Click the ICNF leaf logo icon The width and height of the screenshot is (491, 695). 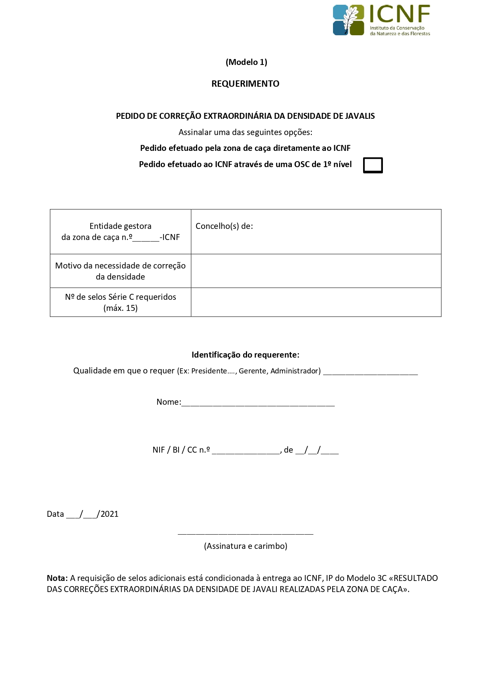[x=348, y=20]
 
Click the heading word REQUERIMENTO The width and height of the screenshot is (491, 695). [x=245, y=84]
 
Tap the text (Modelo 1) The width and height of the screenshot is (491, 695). [x=246, y=62]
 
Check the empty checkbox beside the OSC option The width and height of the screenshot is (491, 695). [x=373, y=165]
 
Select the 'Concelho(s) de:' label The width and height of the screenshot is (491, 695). [x=224, y=226]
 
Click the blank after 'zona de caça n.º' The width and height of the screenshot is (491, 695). [x=146, y=238]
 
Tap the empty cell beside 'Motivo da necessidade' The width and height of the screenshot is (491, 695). [x=316, y=271]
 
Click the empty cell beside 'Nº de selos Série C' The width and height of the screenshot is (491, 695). [x=316, y=302]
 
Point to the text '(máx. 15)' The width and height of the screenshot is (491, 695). [x=120, y=308]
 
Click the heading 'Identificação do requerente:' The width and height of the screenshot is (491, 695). [x=245, y=355]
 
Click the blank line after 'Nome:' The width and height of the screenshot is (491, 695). [x=258, y=403]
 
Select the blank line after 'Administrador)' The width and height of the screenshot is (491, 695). [x=370, y=371]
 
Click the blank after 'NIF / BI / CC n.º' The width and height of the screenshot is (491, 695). [x=246, y=451]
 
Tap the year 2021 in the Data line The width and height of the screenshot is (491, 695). [x=110, y=514]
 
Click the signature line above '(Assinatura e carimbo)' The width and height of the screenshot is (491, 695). [x=245, y=533]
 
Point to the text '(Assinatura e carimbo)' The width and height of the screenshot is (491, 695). [x=245, y=546]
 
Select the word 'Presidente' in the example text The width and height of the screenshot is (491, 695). [x=209, y=371]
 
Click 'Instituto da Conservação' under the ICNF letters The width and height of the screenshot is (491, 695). [x=397, y=28]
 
